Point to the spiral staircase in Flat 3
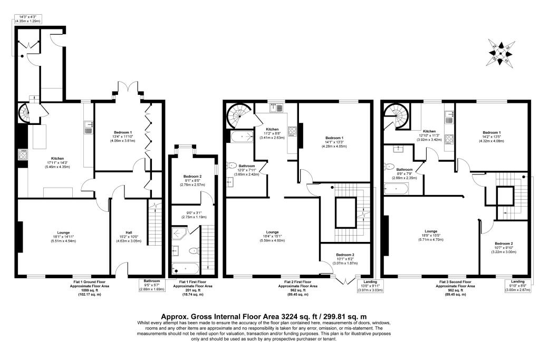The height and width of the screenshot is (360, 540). pyautogui.click(x=396, y=115)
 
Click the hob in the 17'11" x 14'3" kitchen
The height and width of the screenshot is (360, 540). pyautogui.click(x=24, y=154)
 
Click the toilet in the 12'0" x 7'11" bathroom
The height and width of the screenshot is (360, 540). pyautogui.click(x=231, y=164)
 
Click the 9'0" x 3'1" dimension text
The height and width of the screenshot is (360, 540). pyautogui.click(x=191, y=213)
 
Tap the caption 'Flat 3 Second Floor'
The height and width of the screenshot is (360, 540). pyautogui.click(x=455, y=283)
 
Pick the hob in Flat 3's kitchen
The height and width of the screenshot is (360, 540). pyautogui.click(x=450, y=140)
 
